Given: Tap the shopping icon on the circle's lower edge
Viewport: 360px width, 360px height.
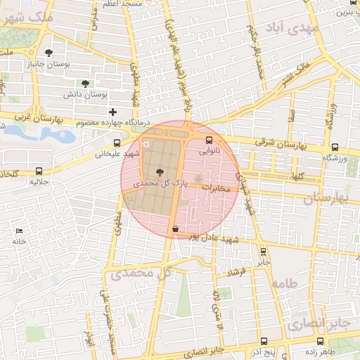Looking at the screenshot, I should point(175,229).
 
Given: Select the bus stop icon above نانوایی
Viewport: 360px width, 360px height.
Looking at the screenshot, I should point(209,139).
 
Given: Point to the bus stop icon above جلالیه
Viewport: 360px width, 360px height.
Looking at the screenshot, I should point(39,170).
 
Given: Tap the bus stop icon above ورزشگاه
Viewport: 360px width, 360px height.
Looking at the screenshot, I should point(335,148).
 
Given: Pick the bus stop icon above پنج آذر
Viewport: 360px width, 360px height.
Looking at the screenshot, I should point(263,341).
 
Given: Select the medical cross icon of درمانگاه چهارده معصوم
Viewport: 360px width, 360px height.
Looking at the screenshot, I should point(112,112).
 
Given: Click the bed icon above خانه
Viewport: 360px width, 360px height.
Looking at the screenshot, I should point(19,231).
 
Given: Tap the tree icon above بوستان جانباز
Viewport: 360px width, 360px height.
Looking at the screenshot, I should point(48,53).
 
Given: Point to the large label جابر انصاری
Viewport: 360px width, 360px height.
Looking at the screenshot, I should point(318,324).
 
